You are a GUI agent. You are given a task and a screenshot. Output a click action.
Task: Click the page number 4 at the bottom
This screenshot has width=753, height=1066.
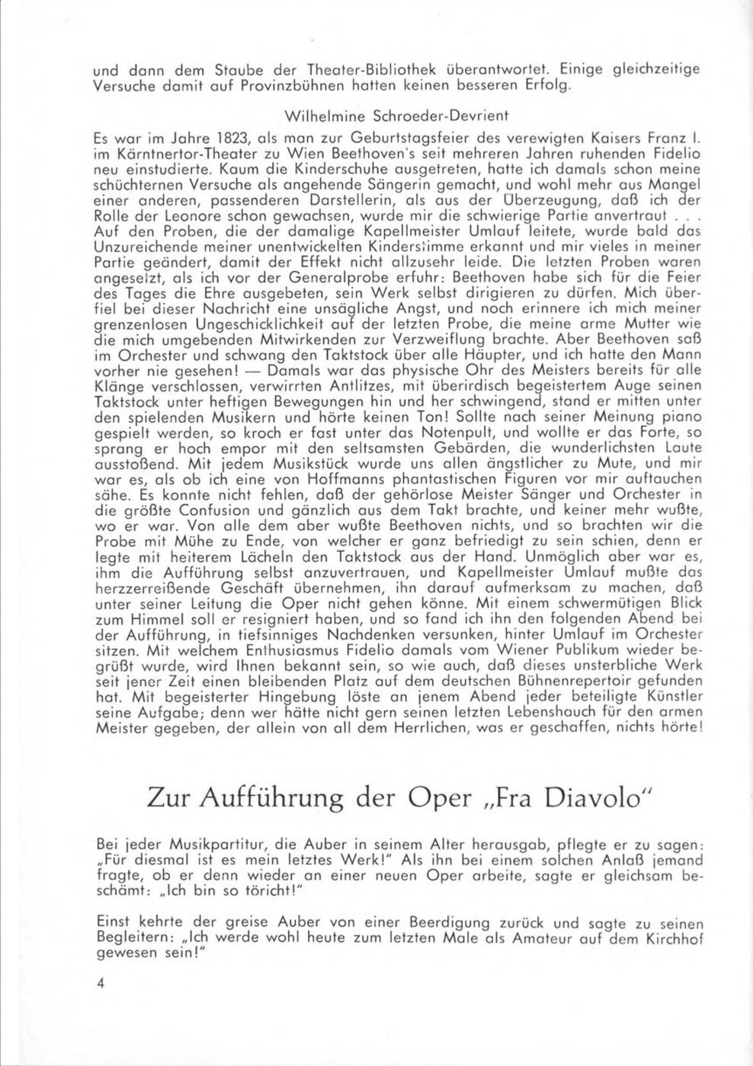pos(100,982)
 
